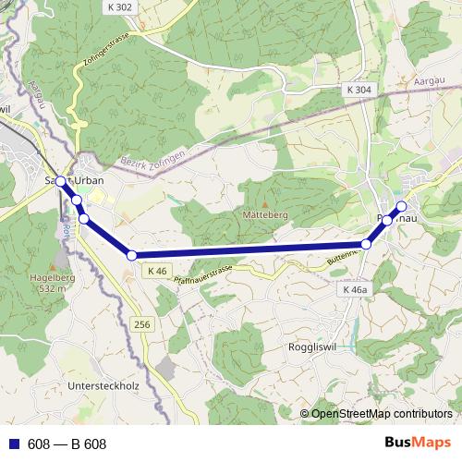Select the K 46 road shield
click(155, 271)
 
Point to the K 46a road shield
click(355, 289)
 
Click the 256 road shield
click(140, 324)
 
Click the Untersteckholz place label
click(104, 385)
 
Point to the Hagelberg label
click(53, 276)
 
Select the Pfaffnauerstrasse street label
click(203, 271)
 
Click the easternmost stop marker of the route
click(402, 206)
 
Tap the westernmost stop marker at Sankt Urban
click(61, 181)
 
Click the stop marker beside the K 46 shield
click(132, 255)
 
